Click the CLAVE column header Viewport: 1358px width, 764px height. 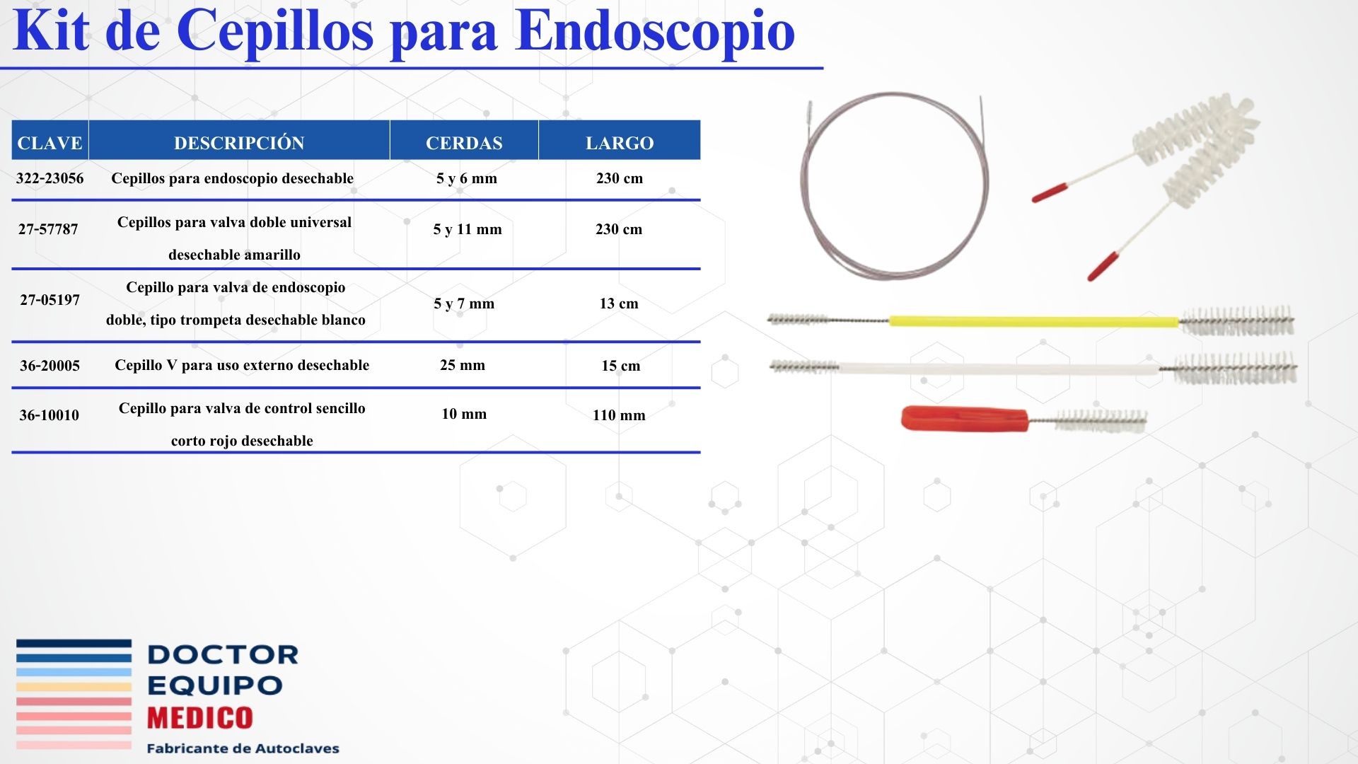(x=50, y=143)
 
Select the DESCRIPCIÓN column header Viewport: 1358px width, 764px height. (x=239, y=142)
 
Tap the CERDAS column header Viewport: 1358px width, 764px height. (x=464, y=143)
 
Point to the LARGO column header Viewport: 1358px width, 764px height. (x=620, y=143)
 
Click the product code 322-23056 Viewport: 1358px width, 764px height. (x=50, y=178)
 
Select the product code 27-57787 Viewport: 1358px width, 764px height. (x=48, y=229)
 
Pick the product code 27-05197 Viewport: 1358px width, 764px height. (x=50, y=300)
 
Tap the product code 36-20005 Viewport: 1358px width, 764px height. (x=50, y=366)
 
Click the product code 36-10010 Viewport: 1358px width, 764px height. (x=49, y=415)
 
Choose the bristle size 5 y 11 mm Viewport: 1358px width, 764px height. (x=468, y=229)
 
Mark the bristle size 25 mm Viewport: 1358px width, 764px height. (x=463, y=365)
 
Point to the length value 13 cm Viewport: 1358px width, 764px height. (x=619, y=303)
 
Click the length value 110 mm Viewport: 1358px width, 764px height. (x=619, y=415)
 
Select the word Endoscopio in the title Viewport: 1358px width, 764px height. (x=656, y=32)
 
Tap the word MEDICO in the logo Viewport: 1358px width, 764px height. (x=199, y=718)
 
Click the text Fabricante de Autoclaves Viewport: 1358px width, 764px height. (x=243, y=748)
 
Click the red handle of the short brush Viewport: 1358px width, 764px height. (x=965, y=418)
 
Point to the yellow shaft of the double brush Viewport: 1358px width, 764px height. (x=1034, y=321)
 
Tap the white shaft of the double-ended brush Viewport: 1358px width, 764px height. (x=999, y=369)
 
